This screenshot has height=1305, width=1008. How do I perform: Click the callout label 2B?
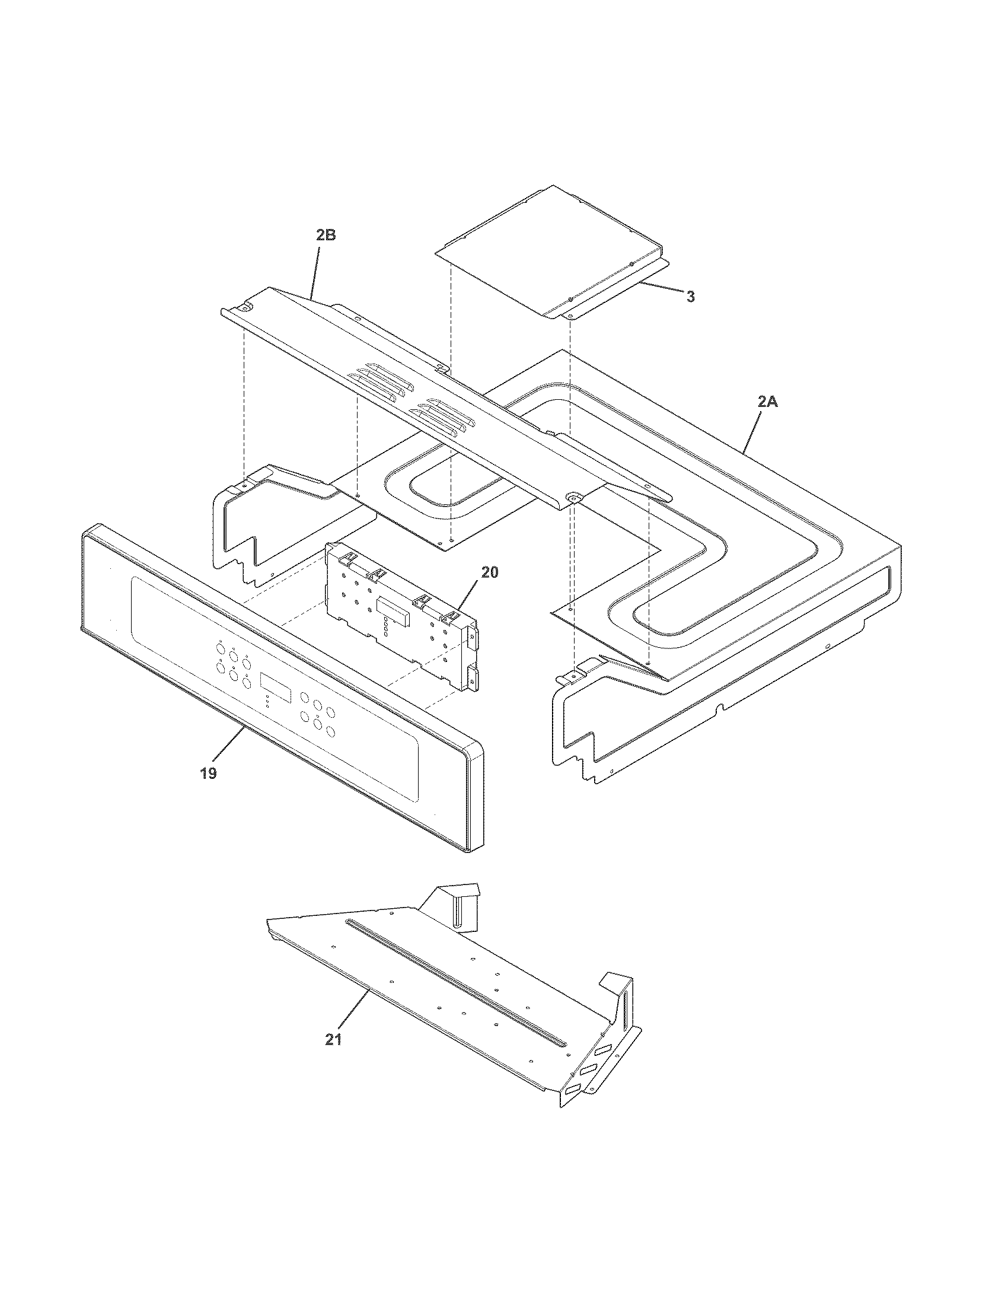pos(326,235)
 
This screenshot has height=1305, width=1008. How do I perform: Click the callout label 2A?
pos(768,402)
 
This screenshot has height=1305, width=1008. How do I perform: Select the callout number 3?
pos(690,297)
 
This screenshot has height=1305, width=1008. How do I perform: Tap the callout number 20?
pos(490,572)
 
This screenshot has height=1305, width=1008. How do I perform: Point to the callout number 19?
pos(208,773)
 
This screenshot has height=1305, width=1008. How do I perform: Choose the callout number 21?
pos(334,1040)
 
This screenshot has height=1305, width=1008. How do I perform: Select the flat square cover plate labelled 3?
pos(550,251)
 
